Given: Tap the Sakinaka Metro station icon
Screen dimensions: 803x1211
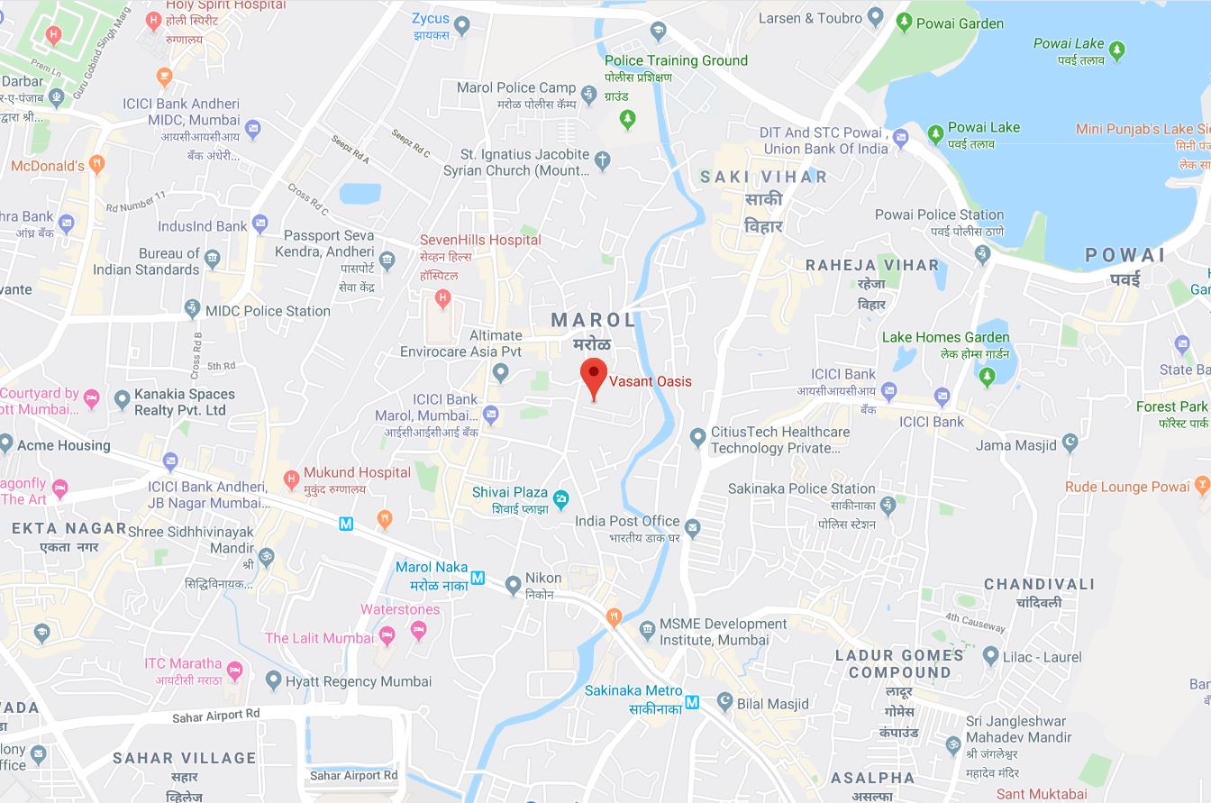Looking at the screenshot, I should [x=692, y=702].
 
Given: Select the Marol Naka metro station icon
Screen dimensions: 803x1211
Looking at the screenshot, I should [x=478, y=578].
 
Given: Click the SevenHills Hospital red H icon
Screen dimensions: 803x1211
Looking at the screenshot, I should [x=442, y=297].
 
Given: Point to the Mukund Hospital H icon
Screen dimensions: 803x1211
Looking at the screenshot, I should [x=291, y=479].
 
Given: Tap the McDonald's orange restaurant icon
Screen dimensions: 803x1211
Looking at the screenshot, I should [x=97, y=165].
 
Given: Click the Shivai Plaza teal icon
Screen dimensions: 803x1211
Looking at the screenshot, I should [x=560, y=497].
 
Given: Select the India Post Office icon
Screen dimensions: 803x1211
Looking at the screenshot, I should [x=692, y=527].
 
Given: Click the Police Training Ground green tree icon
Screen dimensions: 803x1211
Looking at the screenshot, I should [x=629, y=116].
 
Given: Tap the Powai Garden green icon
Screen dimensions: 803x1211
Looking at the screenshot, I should [x=904, y=23].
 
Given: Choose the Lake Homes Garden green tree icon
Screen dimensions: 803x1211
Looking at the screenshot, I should [x=987, y=375].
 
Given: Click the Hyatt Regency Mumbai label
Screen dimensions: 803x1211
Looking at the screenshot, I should [x=358, y=681].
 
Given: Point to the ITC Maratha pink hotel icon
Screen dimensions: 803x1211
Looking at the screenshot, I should [x=235, y=670].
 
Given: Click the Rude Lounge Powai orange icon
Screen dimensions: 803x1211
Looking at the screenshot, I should [x=1202, y=487].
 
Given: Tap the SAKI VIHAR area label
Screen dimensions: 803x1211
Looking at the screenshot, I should [x=763, y=177].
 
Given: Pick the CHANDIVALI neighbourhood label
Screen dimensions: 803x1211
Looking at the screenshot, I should [x=1039, y=584].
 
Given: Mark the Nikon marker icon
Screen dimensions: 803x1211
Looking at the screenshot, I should [x=513, y=585].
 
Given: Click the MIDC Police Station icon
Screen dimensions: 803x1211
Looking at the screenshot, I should [x=192, y=309].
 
